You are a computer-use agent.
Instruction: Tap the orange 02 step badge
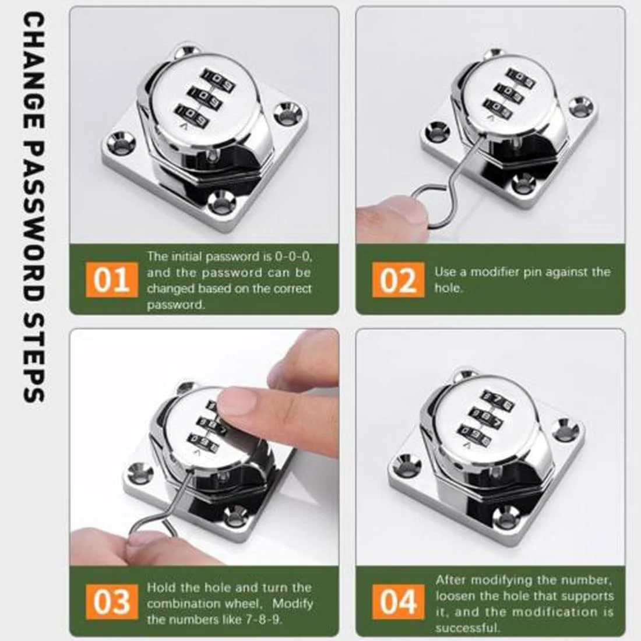tap(398, 280)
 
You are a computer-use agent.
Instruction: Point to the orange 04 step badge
tap(398, 602)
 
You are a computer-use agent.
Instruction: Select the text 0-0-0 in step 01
tap(293, 257)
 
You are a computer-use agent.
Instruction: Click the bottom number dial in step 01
tap(192, 116)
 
